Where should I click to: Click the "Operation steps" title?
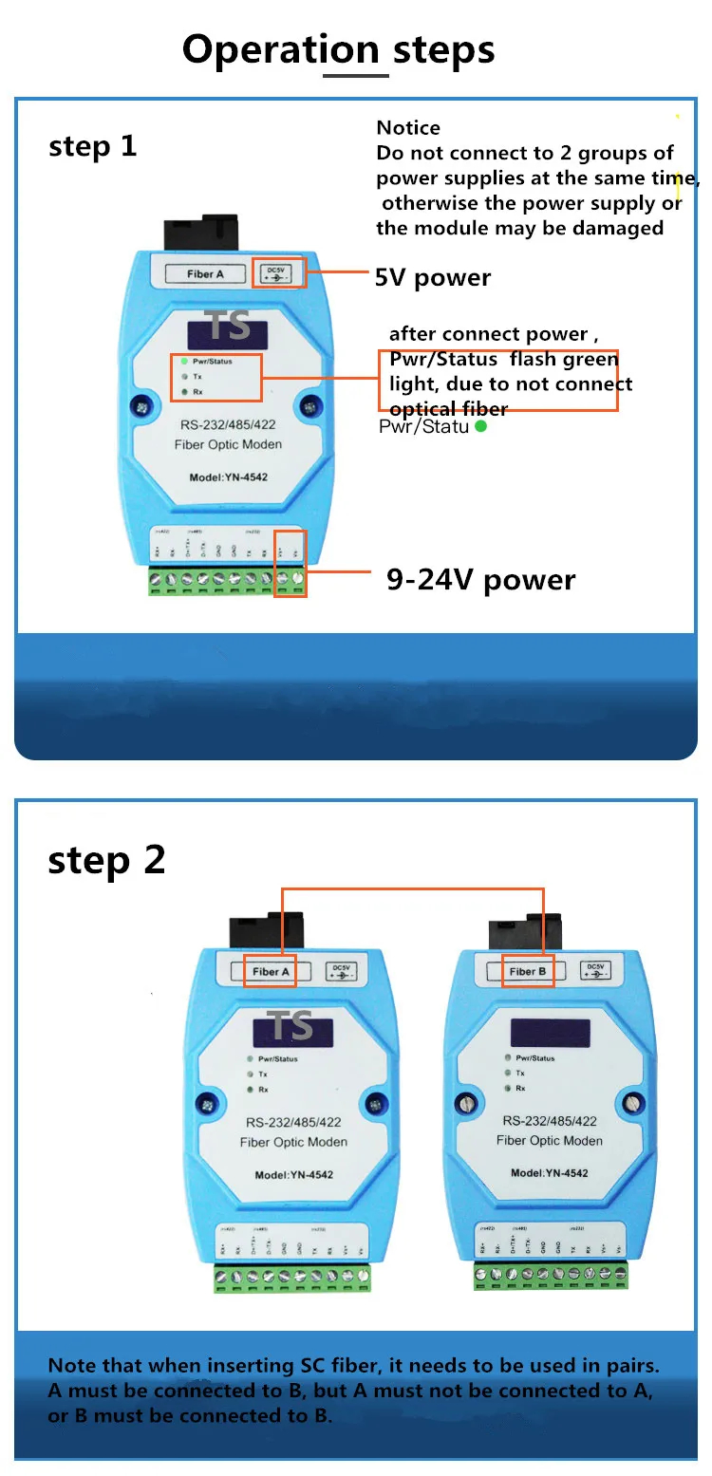point(339,49)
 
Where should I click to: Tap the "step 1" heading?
point(93,146)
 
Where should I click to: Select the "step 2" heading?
point(106,859)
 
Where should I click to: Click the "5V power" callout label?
point(433,278)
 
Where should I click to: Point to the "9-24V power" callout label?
point(480,580)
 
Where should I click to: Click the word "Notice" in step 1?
point(408,128)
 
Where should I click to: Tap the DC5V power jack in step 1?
point(279,273)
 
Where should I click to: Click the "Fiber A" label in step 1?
point(205,274)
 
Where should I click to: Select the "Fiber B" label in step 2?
point(528,971)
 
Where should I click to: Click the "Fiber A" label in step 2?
point(271,971)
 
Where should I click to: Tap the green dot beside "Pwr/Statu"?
point(480,427)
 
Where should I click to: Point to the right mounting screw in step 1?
point(309,406)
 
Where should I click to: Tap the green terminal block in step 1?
point(227,580)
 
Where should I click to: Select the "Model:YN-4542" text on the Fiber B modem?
point(549,1173)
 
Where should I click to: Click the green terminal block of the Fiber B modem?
point(551,1277)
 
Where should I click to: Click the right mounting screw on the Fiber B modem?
point(631,1103)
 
